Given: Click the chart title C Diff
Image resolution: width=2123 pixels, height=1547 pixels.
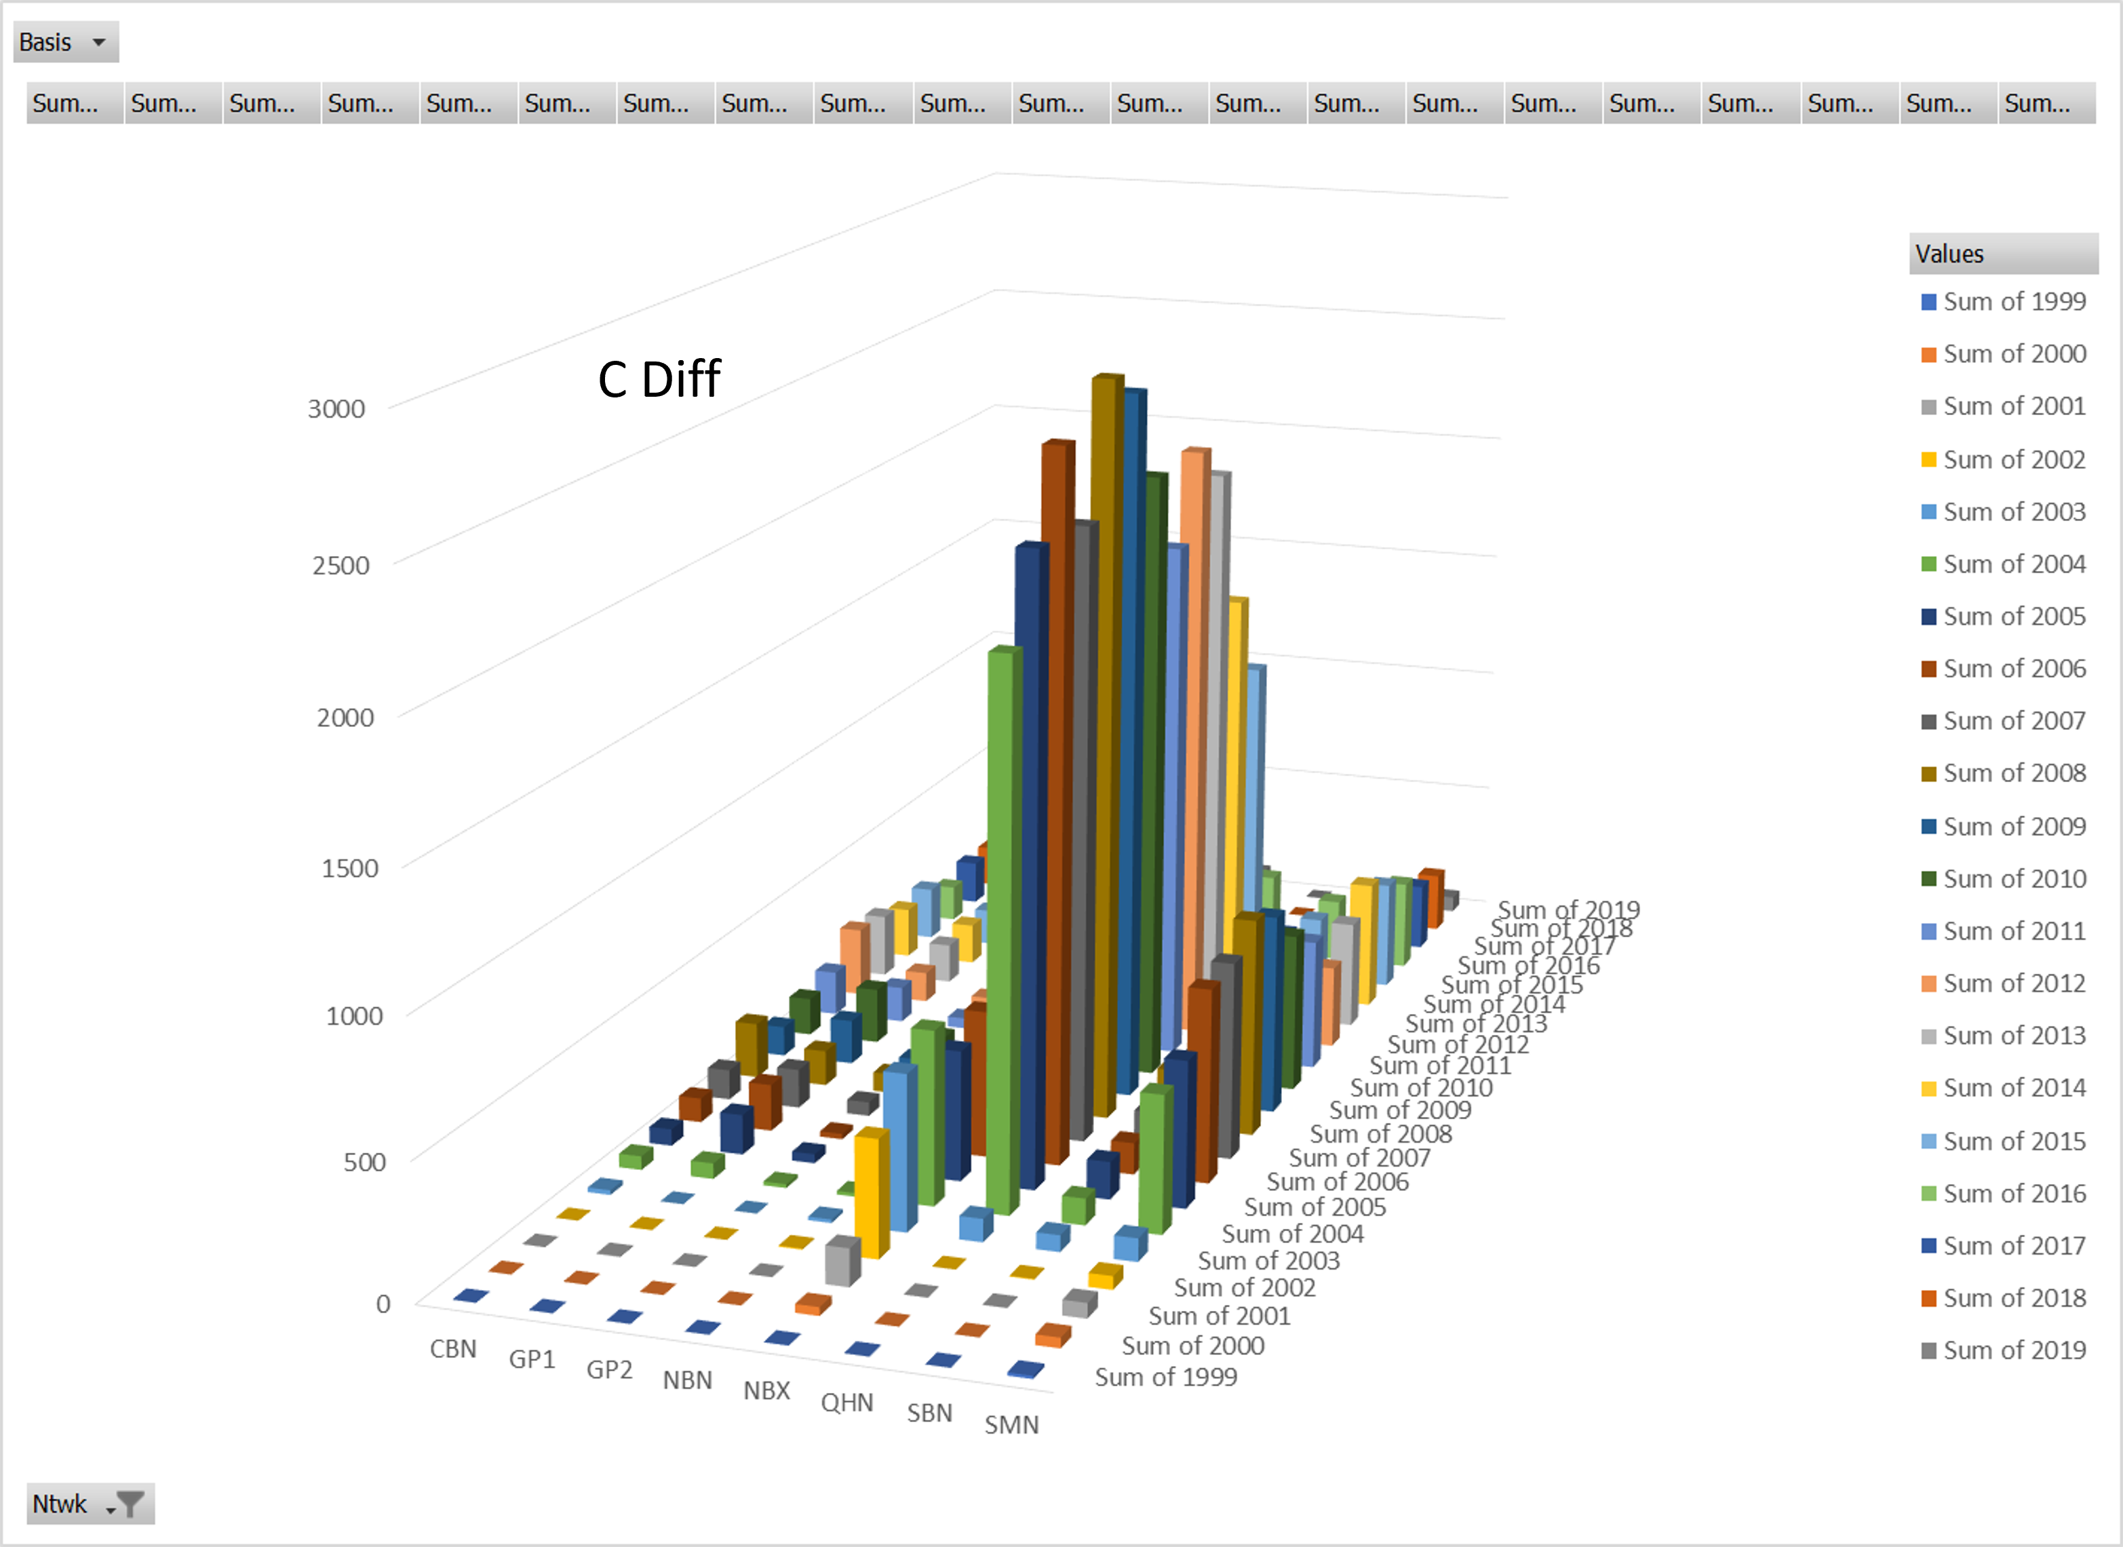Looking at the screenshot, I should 659,379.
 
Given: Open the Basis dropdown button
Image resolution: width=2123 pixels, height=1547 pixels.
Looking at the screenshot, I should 66,42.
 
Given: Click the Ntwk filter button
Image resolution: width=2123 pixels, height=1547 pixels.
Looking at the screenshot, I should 90,1503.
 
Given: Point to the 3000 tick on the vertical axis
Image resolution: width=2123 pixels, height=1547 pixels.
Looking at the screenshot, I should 336,409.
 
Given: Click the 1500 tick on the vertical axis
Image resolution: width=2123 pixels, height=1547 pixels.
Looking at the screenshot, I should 349,868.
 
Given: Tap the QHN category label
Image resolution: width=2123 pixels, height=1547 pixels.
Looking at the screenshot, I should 846,1402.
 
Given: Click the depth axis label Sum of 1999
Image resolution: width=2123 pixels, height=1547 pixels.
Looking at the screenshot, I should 1166,1377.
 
